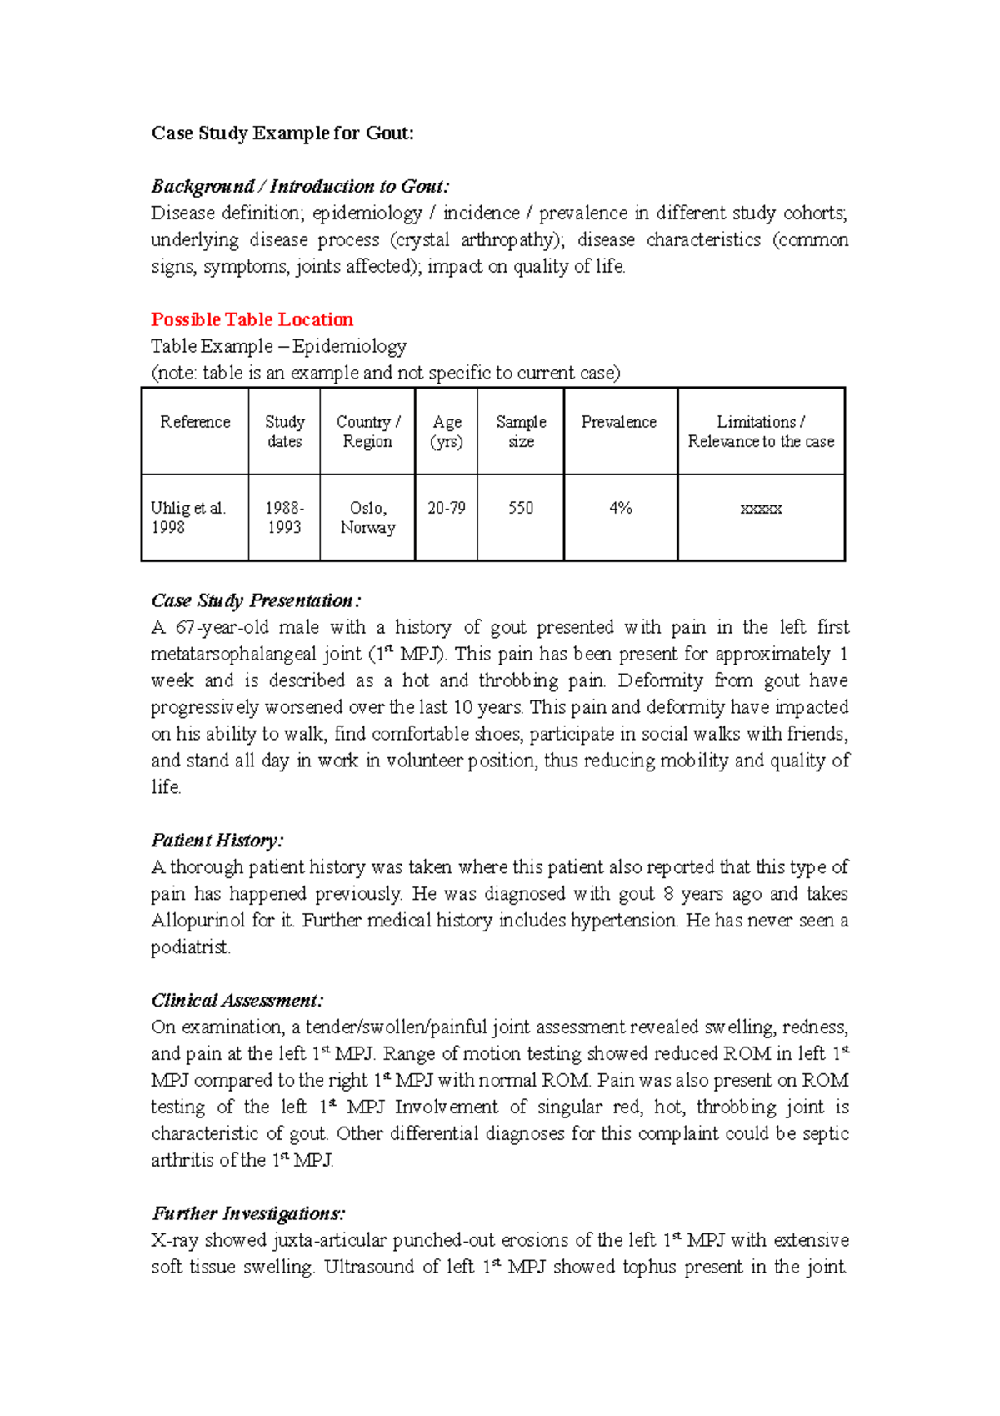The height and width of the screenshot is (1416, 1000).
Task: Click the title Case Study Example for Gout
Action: pos(282,133)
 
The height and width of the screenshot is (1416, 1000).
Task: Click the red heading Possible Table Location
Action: pos(252,319)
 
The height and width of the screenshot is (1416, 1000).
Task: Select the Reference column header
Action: pos(195,423)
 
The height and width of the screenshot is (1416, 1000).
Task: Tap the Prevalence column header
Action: pos(619,423)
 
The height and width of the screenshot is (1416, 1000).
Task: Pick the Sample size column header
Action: pos(521,432)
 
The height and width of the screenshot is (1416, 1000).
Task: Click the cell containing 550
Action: pos(521,508)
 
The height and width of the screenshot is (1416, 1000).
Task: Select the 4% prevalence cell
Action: pos(621,508)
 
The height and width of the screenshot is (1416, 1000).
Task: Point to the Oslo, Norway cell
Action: pos(367,518)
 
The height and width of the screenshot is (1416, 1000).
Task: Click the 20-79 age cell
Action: pos(447,508)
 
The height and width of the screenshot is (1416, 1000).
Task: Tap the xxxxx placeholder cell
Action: pos(761,508)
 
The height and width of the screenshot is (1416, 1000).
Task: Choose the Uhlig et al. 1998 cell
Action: pos(188,518)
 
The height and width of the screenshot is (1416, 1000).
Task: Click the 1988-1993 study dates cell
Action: pos(284,518)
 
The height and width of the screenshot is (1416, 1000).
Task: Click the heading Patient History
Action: pos(217,841)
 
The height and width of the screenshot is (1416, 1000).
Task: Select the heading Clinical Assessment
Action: pos(237,1001)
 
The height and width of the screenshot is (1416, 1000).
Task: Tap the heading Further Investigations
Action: pos(247,1213)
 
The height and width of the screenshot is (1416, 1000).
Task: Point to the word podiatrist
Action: pos(190,947)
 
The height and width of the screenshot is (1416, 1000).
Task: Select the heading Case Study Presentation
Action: pos(255,600)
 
